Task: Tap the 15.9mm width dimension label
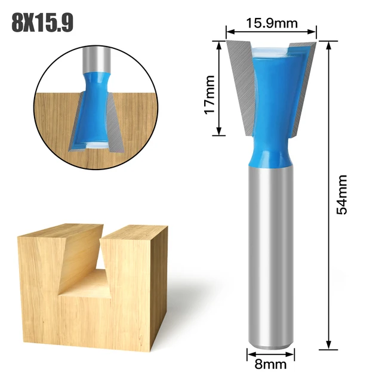pos(271,24)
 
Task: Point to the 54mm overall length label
pos(341,195)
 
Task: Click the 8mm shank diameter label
pos(271,363)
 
